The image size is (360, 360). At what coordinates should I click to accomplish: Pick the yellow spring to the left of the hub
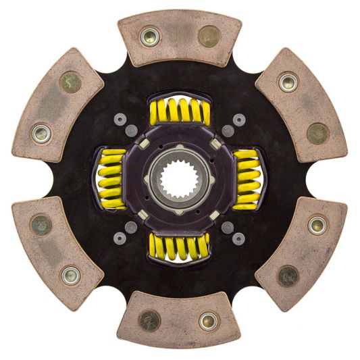pos(112,178)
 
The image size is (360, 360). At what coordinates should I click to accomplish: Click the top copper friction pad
pos(180,37)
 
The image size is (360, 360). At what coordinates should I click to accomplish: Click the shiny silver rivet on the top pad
pos(149,36)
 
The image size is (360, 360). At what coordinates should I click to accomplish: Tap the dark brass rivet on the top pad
pos(209,36)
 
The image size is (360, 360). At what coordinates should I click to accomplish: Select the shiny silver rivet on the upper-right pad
pos(288,82)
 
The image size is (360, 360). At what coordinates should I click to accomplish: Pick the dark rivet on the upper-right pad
pos(317,133)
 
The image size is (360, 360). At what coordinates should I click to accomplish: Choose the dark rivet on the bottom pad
pos(150,320)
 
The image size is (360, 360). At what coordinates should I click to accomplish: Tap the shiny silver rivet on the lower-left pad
pos(71,275)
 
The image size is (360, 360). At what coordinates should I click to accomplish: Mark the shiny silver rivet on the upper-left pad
pos(41,132)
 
